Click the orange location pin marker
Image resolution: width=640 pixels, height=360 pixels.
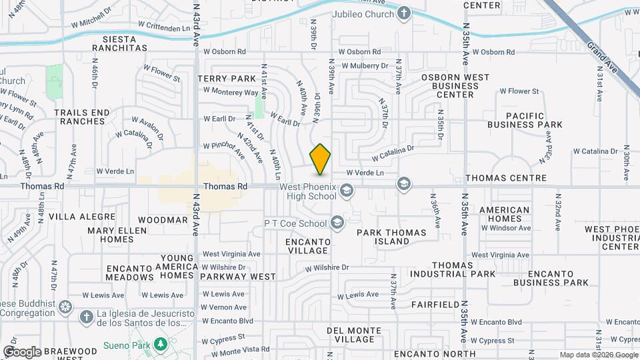(321, 159)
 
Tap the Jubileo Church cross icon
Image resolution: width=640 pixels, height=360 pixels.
(403, 13)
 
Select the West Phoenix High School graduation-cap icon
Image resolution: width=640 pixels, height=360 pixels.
(346, 192)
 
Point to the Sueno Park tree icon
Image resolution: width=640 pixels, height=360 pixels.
(160, 344)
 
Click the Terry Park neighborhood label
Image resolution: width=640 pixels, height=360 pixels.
(227, 78)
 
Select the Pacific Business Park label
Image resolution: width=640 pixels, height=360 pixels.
(525, 119)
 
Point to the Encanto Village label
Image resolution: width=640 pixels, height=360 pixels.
(307, 246)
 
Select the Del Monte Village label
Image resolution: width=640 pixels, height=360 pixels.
(355, 335)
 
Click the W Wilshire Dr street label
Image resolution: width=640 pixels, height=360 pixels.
(327, 268)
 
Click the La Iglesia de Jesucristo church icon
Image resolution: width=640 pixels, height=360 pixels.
(86, 317)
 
